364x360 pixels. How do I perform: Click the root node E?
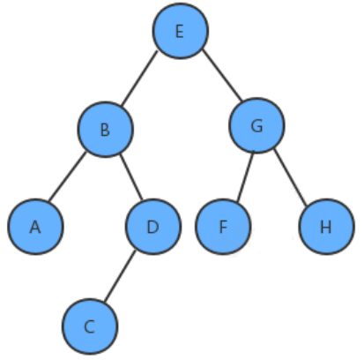click(x=181, y=31)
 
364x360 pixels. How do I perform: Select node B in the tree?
click(x=106, y=130)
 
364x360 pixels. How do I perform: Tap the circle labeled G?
click(x=256, y=125)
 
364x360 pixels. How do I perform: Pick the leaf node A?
click(x=35, y=227)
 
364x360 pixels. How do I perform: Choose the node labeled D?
click(x=153, y=227)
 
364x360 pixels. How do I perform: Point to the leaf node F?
click(x=223, y=227)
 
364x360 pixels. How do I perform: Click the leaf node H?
click(x=326, y=227)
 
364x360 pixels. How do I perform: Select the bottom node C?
click(x=90, y=326)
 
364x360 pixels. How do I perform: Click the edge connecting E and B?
click(x=139, y=78)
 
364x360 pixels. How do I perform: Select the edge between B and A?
click(x=67, y=176)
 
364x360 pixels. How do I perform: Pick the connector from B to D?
click(x=131, y=177)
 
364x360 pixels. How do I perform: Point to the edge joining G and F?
click(x=245, y=177)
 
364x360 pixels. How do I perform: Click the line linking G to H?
click(x=291, y=177)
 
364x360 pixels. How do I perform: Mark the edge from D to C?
click(x=120, y=276)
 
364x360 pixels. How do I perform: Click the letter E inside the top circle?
click(x=180, y=31)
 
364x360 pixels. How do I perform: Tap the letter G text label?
click(x=257, y=126)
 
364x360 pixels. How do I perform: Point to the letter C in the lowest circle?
click(x=90, y=326)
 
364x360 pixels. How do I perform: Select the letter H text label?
click(x=326, y=227)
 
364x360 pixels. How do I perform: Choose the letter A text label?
click(x=35, y=227)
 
